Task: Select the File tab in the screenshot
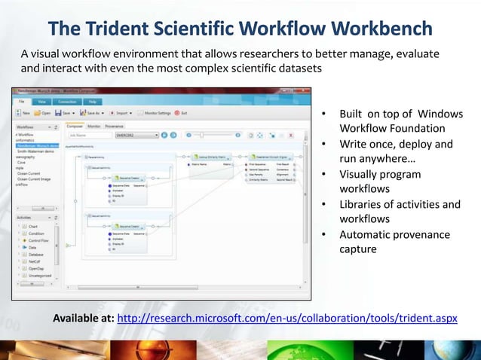click(x=22, y=100)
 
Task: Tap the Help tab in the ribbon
click(x=92, y=100)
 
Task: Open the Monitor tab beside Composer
click(x=94, y=127)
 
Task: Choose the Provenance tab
click(x=115, y=127)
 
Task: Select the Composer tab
click(x=75, y=127)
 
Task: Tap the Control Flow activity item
click(x=39, y=240)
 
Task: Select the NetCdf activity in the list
click(x=36, y=261)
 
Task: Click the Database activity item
click(x=38, y=254)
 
